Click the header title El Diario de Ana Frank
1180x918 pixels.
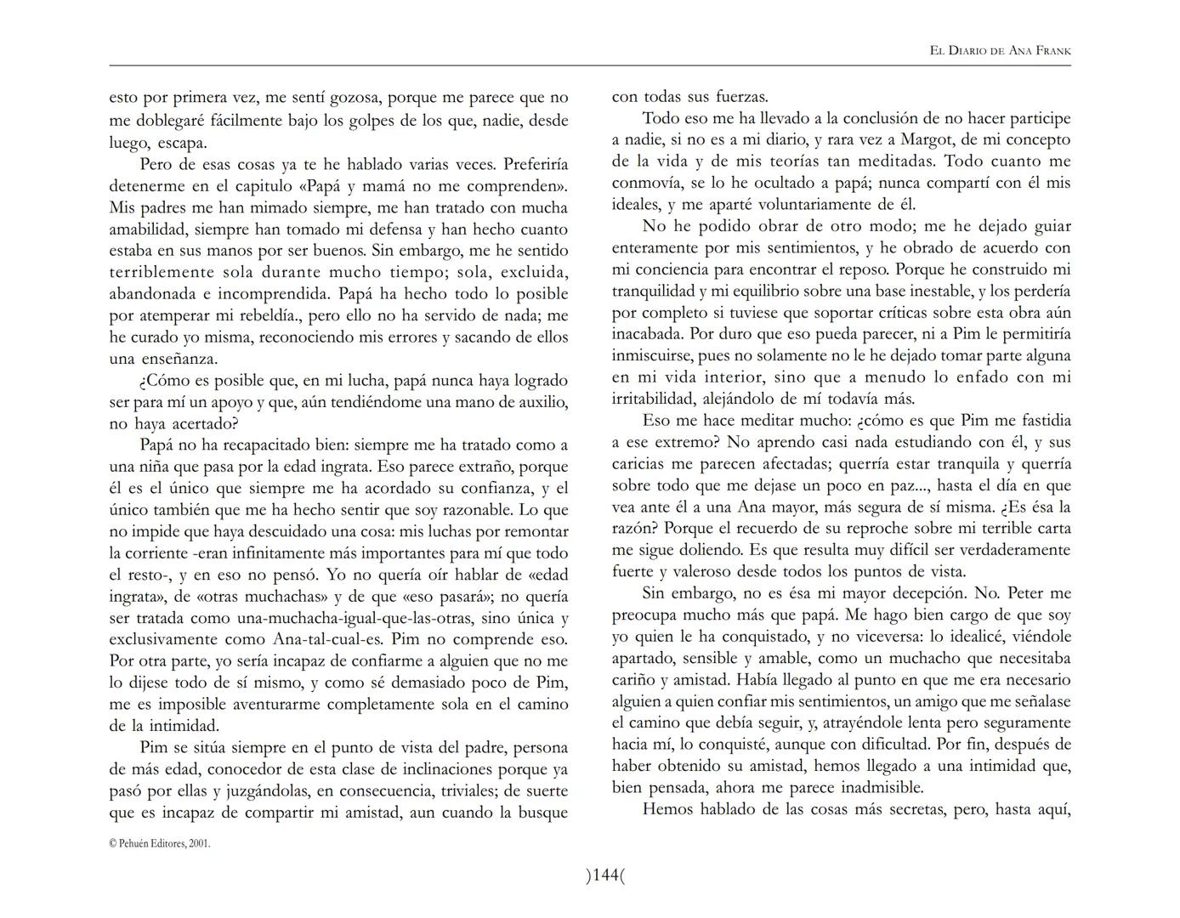1000,51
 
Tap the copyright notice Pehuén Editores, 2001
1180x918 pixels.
160,844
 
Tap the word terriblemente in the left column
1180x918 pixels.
162,272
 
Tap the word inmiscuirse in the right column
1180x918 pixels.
655,355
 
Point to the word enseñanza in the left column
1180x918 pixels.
178,359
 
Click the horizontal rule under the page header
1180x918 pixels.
590,65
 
